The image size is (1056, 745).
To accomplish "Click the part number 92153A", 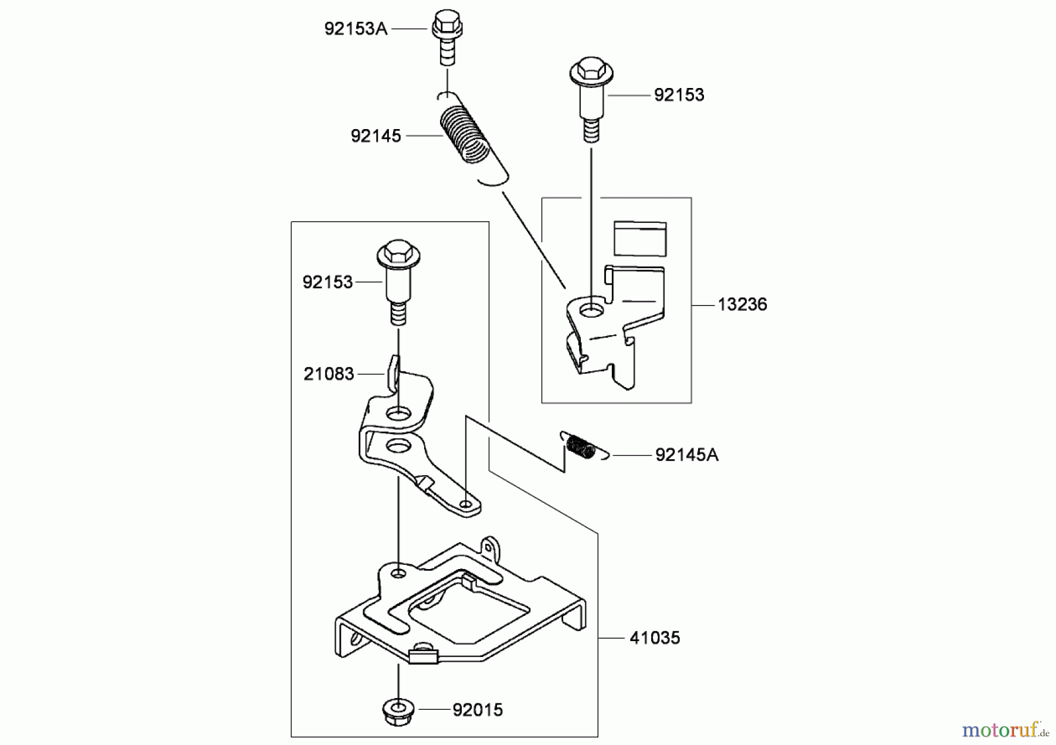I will pos(356,29).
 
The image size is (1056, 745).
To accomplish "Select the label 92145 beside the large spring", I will pos(375,136).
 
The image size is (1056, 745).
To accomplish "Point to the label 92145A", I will pos(686,455).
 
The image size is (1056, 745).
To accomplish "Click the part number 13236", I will pos(742,304).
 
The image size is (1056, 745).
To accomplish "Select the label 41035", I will pos(654,638).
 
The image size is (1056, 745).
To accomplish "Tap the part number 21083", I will pos(329,374).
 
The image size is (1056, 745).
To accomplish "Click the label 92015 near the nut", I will pos(478,710).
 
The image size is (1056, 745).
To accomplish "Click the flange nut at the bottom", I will pos(398,712).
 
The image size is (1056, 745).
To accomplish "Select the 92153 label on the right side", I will pos(679,95).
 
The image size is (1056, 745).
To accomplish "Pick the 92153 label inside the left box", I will pos(327,282).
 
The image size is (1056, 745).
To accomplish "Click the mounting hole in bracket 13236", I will pos(591,309).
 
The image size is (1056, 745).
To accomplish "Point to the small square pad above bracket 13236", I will pos(640,238).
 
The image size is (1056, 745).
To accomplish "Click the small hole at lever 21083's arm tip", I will pos(466,504).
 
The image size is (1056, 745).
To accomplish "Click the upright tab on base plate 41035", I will pos(489,547).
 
